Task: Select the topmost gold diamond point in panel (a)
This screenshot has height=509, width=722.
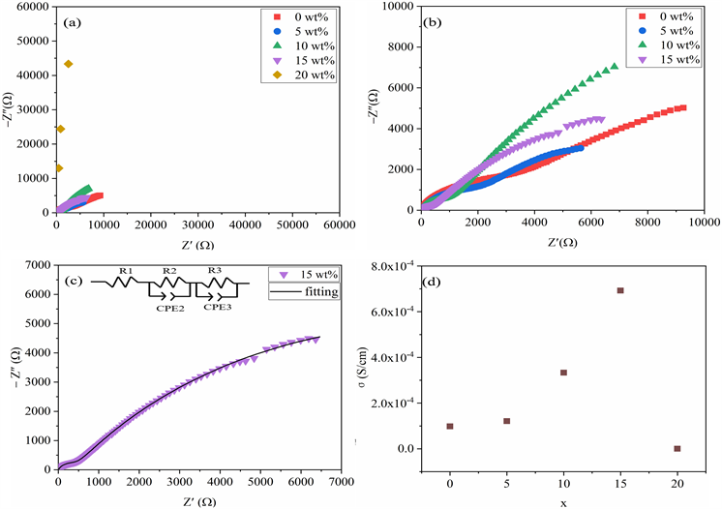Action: coord(69,64)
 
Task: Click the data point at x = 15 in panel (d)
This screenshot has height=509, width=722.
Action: coord(620,290)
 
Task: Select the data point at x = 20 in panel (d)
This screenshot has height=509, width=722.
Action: coord(677,448)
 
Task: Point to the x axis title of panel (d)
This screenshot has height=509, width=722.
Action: coord(563,499)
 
